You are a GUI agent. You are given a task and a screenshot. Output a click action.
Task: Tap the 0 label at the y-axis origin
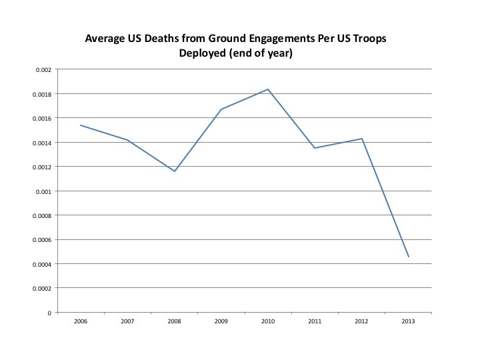pos(48,313)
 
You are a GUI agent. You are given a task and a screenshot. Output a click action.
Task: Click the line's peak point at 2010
pos(268,89)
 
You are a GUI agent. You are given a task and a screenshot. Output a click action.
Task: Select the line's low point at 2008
pos(174,171)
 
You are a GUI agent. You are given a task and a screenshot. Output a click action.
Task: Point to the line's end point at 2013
pos(409,257)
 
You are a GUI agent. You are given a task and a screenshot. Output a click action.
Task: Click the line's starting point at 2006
pos(81,125)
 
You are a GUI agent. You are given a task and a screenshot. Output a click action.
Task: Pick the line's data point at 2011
pos(315,148)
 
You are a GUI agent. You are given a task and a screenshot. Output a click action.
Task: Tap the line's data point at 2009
pos(221,109)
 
